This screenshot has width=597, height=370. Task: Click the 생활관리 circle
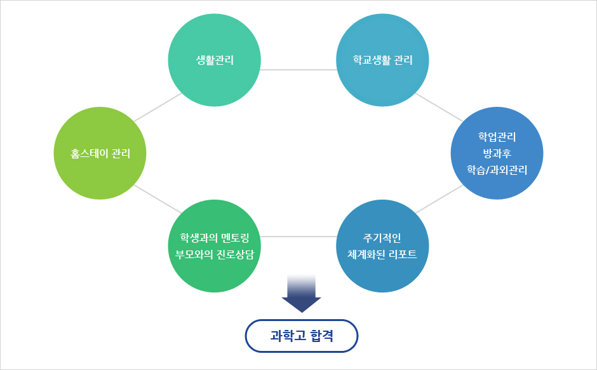coord(215,60)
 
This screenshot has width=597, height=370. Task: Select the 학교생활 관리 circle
coord(382,60)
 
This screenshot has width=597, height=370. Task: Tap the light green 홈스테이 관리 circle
coord(100,153)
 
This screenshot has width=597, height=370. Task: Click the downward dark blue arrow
coord(302,294)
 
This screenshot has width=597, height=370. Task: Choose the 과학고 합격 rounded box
coord(302,336)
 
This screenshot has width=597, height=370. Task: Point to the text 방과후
coord(497,153)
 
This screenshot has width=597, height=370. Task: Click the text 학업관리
coord(497,137)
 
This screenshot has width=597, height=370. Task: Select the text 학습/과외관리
coord(497,170)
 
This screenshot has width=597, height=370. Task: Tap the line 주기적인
coord(382,238)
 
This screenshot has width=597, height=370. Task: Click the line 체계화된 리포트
coord(382,254)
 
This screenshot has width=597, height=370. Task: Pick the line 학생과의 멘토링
coord(215,238)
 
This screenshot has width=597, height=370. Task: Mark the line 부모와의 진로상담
coord(215,254)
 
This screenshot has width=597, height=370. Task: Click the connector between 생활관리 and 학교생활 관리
coord(298,70)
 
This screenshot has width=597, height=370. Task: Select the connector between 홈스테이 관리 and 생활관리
coord(158,107)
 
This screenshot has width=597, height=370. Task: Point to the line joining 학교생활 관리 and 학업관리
coord(439,107)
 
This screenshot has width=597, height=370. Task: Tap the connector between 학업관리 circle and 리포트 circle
coord(439,199)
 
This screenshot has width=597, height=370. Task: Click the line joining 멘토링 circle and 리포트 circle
coord(298,236)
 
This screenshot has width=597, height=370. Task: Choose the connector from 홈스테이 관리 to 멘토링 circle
coord(158,199)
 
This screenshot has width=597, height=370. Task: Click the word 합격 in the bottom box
coord(322,336)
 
